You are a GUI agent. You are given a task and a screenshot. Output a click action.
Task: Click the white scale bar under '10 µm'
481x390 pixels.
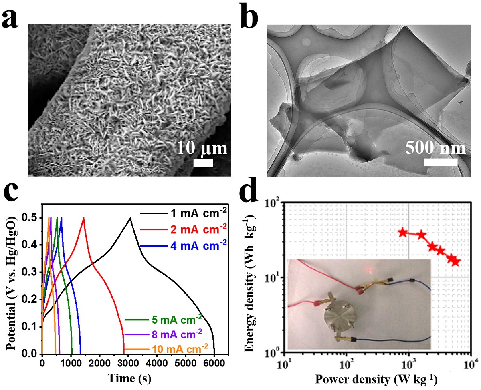point(203,163)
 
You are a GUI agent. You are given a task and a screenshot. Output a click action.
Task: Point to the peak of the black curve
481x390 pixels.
point(130,218)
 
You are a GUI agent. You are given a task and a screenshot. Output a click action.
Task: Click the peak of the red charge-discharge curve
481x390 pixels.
point(83,218)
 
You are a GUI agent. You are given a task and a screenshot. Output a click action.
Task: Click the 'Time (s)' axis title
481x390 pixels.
point(128,377)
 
